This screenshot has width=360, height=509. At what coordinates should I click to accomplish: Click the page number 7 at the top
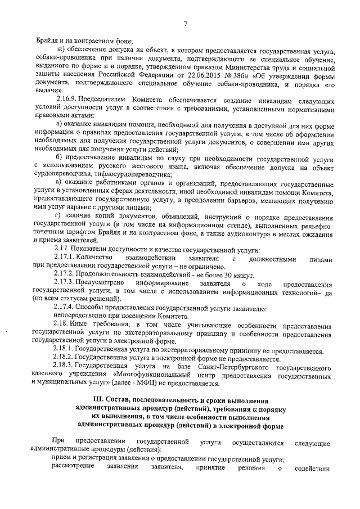pyautogui.click(x=185, y=23)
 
